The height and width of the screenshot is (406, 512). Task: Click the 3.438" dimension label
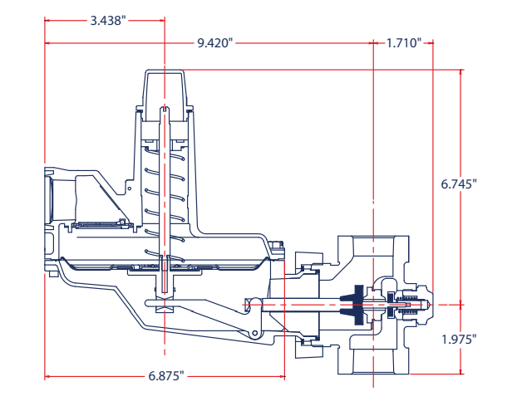pyautogui.click(x=107, y=20)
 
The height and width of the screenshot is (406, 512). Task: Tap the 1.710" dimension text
pyautogui.click(x=404, y=42)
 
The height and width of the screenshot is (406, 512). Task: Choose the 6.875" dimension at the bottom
pyautogui.click(x=166, y=376)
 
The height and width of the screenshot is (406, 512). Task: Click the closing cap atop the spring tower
pyautogui.click(x=166, y=87)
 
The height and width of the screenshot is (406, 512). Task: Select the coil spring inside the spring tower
pyautogui.click(x=166, y=191)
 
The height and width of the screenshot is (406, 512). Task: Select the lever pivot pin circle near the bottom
pyautogui.click(x=250, y=333)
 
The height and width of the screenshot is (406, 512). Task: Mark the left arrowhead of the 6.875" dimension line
pyautogui.click(x=47, y=377)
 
